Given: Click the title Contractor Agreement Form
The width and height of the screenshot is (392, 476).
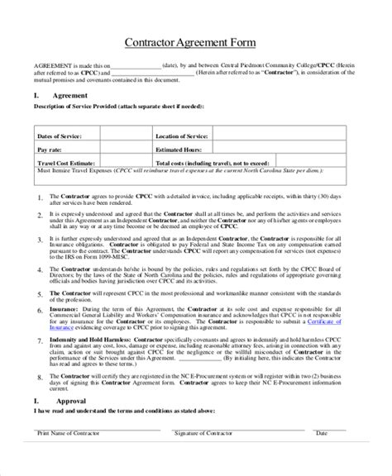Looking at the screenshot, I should pos(195,42).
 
